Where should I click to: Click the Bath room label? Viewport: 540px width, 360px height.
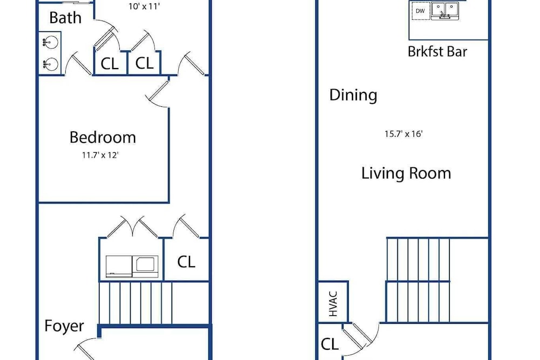point(65,18)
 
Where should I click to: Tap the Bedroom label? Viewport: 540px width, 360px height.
point(103,137)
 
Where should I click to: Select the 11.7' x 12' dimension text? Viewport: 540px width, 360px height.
point(100,155)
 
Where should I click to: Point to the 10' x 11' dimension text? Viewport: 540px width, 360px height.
point(144,6)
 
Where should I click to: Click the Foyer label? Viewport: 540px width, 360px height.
point(64,326)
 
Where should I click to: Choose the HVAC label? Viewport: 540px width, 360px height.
point(333,304)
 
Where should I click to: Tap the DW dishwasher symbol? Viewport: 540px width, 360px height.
point(421,11)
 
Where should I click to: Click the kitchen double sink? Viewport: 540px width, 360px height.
point(445,11)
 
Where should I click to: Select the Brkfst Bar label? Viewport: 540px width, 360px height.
point(437,52)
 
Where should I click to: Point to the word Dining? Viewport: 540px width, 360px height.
point(353,95)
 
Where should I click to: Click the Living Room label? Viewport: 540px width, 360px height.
point(406,173)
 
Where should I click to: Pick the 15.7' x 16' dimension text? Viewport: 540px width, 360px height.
point(403,134)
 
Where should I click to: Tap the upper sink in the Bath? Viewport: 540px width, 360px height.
point(50,43)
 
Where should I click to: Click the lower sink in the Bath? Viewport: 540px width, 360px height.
point(50,64)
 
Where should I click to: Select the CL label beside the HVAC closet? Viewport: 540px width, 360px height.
point(329,344)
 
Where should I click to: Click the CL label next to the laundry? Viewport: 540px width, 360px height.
point(186,262)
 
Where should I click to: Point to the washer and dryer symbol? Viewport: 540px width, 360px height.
point(132,267)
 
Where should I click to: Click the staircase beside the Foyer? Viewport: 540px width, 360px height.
point(136,303)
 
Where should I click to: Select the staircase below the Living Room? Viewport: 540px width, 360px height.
point(418,280)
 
